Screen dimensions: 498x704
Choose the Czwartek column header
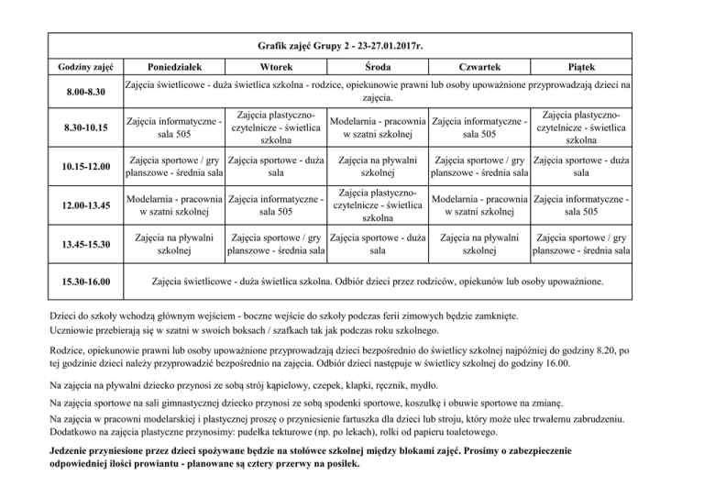coord(479,67)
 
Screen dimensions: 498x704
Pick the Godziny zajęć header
coord(83,67)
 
